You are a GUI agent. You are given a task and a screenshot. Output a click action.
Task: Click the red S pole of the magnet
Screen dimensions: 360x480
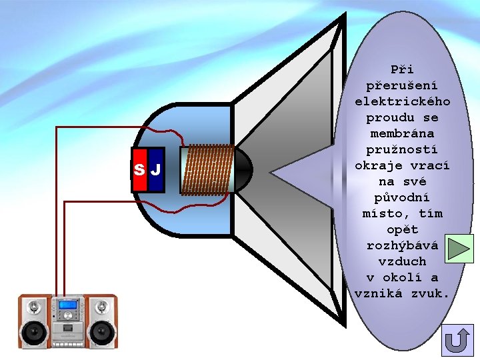pyautogui.click(x=139, y=170)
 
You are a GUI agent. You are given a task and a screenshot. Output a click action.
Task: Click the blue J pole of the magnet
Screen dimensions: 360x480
pyautogui.click(x=156, y=170)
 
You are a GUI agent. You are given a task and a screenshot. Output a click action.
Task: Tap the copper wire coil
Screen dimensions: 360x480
pyautogui.click(x=207, y=170)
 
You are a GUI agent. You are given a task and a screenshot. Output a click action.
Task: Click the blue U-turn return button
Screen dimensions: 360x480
pyautogui.click(x=457, y=340)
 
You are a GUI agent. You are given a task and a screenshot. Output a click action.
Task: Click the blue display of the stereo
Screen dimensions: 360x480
pyautogui.click(x=67, y=305)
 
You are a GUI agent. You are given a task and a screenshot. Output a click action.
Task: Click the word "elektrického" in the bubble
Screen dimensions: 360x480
pyautogui.click(x=402, y=101)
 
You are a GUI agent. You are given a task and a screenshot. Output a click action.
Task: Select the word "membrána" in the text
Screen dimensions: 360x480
pyautogui.click(x=402, y=133)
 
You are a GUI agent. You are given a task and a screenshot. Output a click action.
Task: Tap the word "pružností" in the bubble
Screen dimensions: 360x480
pyautogui.click(x=402, y=149)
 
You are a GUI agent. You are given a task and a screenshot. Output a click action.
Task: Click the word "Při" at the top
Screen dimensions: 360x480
pyautogui.click(x=402, y=69)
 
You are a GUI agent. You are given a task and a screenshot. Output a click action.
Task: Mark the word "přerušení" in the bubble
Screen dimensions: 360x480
pyautogui.click(x=402, y=85)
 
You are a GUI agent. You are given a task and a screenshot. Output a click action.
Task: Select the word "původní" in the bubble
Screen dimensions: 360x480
pyautogui.click(x=402, y=197)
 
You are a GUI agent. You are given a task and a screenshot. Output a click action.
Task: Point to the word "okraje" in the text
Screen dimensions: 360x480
pyautogui.click(x=378, y=165)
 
